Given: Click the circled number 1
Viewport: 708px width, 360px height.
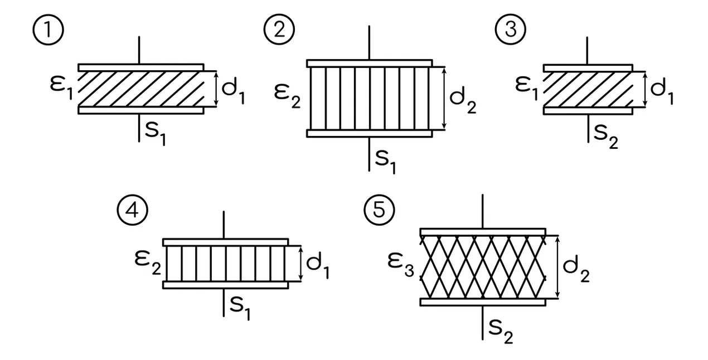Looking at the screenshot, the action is tap(49, 30).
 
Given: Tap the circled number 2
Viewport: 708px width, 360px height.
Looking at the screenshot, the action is tap(279, 30).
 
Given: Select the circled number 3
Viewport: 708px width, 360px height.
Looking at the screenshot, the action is tap(511, 30).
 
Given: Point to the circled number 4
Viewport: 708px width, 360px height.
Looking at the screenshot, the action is tap(133, 210).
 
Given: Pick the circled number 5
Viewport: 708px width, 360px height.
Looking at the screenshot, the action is tap(379, 210).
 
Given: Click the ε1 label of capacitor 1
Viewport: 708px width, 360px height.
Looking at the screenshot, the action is tap(61, 87).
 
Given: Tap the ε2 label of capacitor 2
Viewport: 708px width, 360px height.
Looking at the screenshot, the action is tap(287, 96).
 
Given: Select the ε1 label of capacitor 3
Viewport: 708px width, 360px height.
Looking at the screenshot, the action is tap(527, 88).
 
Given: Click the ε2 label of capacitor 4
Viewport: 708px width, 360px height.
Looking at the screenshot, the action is tap(148, 262).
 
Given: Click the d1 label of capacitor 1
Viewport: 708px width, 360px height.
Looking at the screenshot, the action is tap(234, 92).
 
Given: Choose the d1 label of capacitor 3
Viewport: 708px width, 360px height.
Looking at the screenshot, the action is tap(662, 91).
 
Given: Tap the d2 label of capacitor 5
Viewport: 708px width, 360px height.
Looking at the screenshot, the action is tap(576, 269).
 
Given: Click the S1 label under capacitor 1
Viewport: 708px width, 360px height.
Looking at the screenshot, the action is tap(155, 134).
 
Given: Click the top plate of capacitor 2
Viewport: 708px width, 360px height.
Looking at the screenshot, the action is tap(370, 63).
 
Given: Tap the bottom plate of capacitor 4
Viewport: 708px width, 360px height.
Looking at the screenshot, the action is tap(226, 285).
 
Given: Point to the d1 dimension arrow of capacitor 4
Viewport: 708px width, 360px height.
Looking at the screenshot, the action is tap(300, 264).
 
